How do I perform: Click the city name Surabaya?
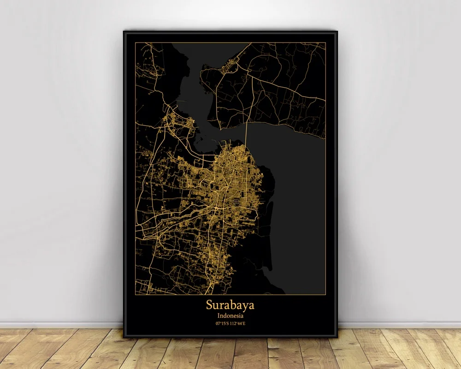coord(230,305)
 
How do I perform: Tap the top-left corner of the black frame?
coord(124,31)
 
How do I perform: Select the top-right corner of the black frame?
coord(337,31)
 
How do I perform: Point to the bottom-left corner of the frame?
coord(124,337)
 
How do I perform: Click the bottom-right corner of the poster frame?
coord(337,337)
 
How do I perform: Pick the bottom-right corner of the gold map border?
coord(325,294)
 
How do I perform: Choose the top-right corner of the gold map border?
coord(325,42)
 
